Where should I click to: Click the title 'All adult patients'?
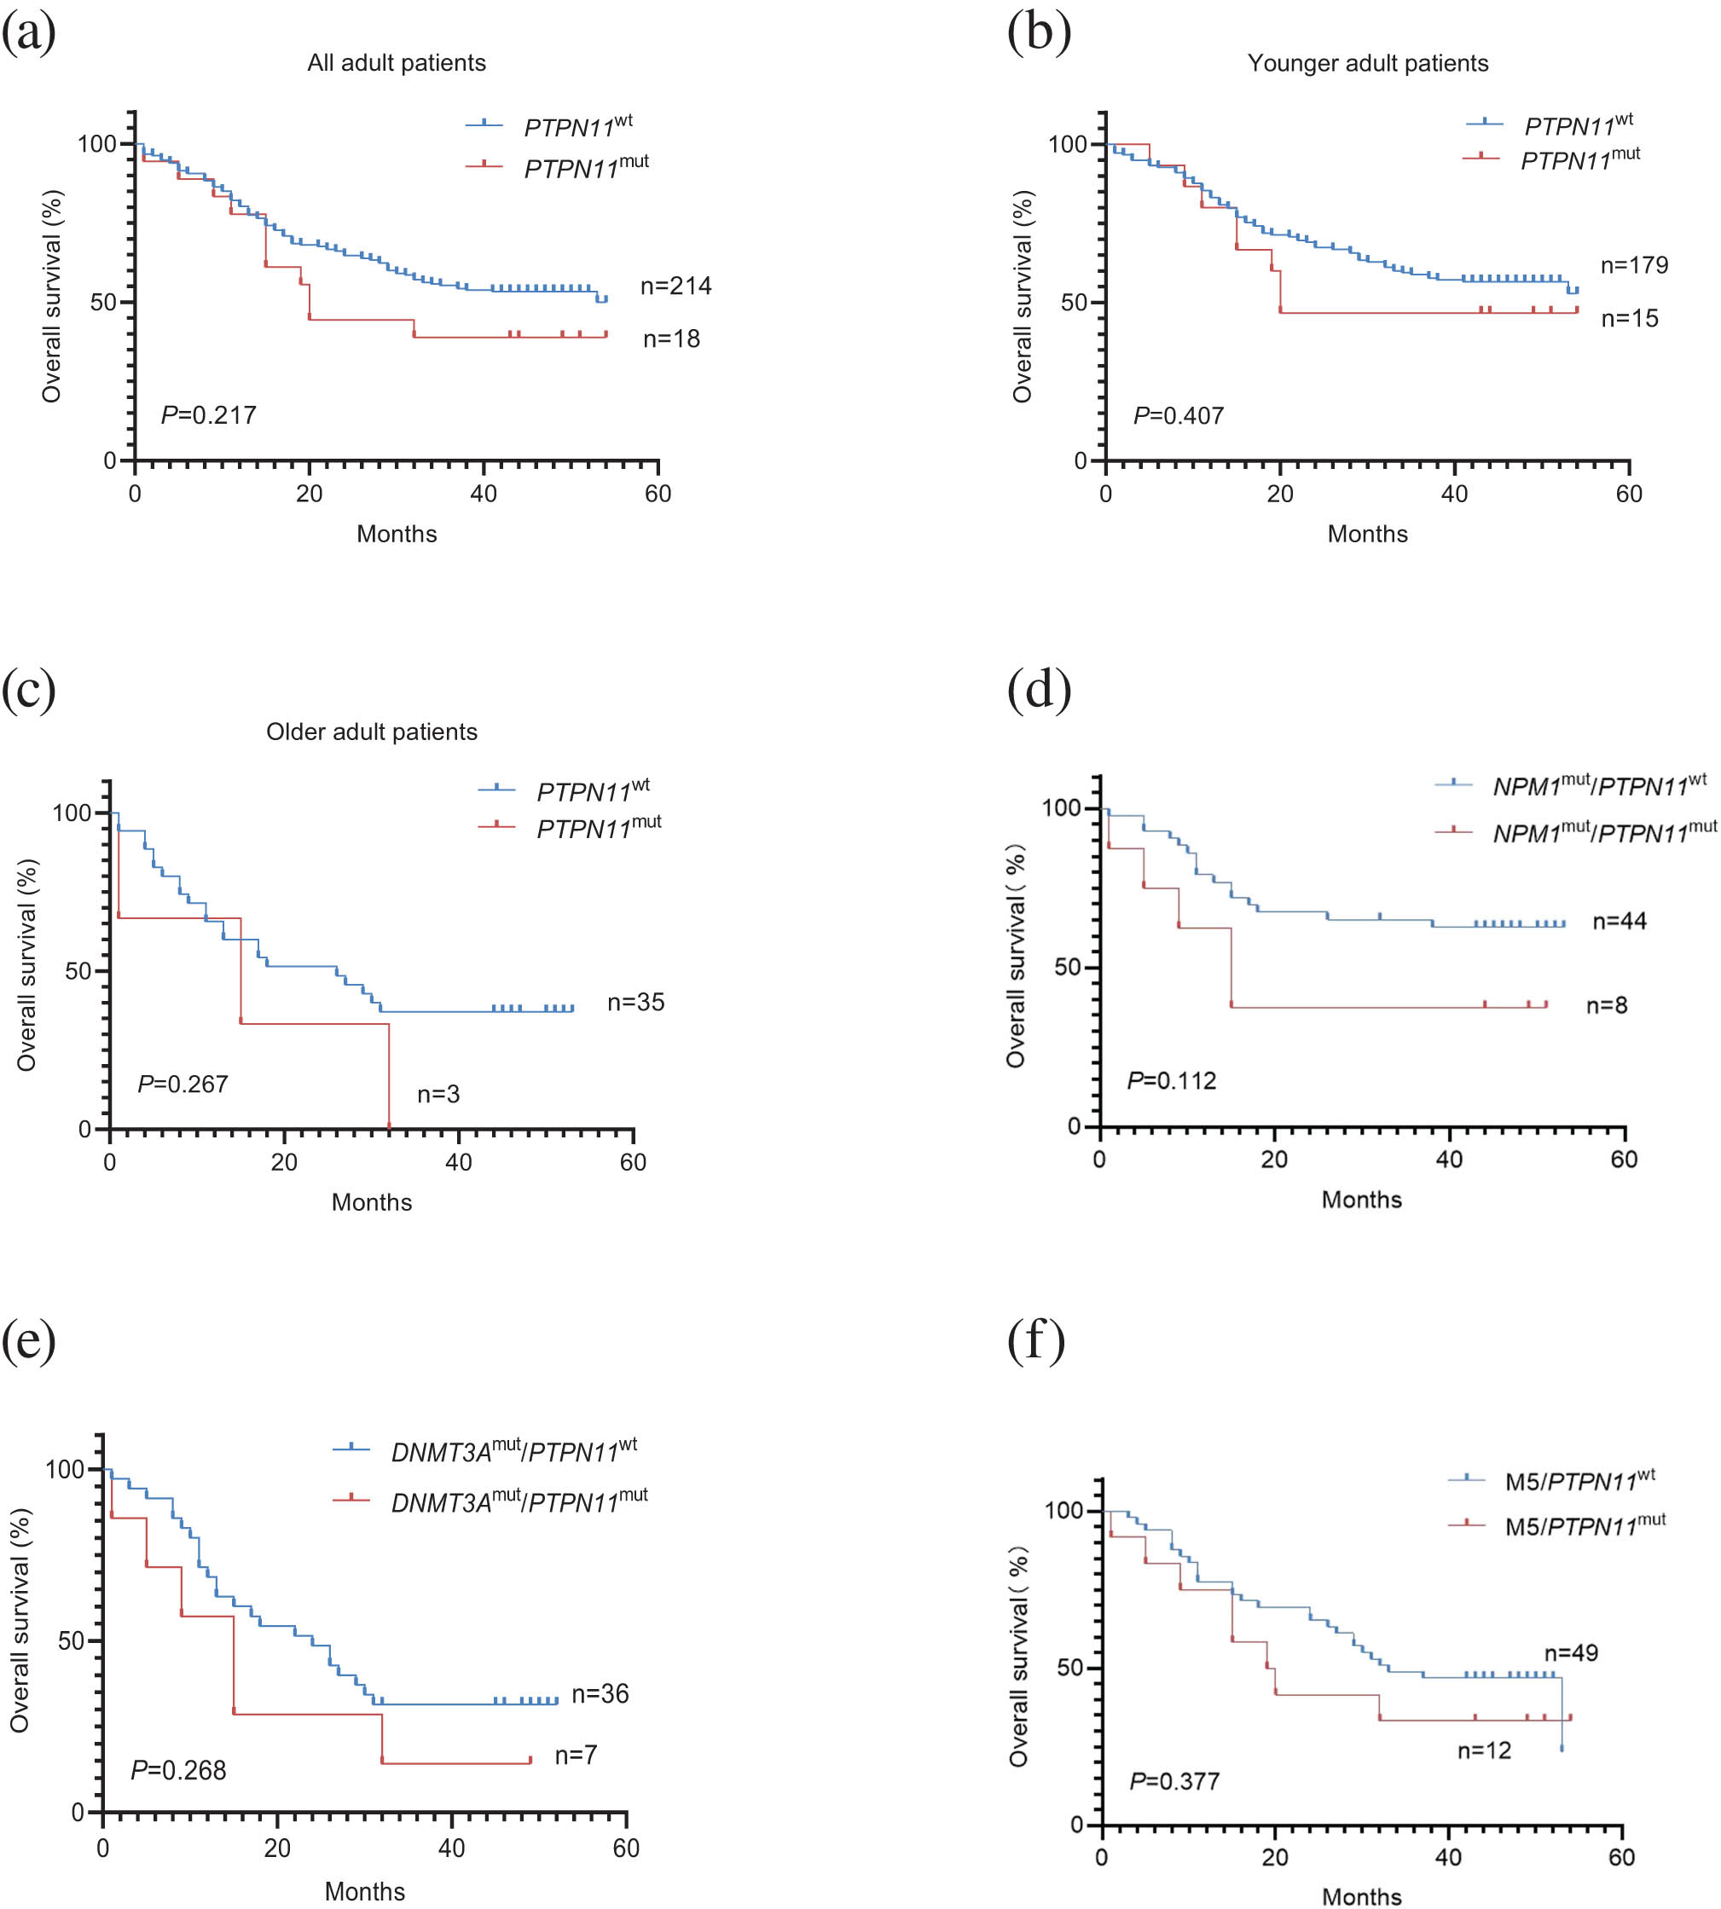[x=397, y=63]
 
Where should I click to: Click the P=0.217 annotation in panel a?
[x=209, y=415]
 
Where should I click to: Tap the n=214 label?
[x=675, y=286]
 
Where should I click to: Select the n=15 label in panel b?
[x=1629, y=319]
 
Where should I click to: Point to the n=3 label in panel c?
[x=437, y=1094]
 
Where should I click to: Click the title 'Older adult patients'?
[x=372, y=732]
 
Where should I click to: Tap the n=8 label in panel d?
[x=1607, y=1005]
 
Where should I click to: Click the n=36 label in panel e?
[x=600, y=1693]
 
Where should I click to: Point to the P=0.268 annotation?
[x=179, y=1770]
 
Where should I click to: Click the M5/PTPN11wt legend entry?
[x=1579, y=1481]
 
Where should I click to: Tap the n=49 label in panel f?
[x=1571, y=1652]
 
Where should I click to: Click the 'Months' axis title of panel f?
[x=1361, y=1895]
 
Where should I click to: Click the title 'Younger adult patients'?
[x=1367, y=63]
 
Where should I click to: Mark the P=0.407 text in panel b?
[x=1179, y=416]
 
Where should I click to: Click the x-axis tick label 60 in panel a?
[x=658, y=494]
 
